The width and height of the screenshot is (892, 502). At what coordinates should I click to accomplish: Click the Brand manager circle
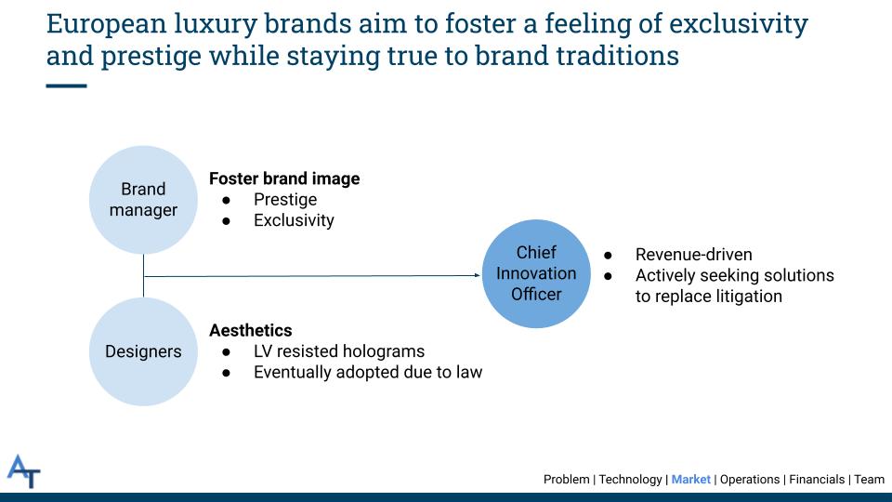point(143,199)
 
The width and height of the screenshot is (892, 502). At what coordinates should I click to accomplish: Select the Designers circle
point(143,351)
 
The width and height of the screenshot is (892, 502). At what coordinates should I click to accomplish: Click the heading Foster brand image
point(284,178)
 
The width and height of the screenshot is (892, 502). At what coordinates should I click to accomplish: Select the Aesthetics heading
point(251,330)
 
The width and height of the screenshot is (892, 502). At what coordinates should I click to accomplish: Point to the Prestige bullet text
point(285,200)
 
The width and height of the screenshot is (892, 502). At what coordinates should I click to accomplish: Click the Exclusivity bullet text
point(294,221)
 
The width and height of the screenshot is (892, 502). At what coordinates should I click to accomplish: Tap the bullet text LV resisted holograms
point(339,351)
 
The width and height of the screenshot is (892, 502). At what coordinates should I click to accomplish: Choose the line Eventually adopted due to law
point(368,373)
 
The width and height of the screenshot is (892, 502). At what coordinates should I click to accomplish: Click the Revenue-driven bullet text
point(694,255)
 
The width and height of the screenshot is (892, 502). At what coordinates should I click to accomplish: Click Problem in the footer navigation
point(566,480)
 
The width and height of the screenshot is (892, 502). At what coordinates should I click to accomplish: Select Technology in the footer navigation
point(631,480)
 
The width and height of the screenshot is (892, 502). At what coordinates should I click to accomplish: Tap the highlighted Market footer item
point(690,480)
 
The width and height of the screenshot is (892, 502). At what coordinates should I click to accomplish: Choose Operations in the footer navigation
point(750,480)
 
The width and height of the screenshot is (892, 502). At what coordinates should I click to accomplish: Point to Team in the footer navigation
point(870,480)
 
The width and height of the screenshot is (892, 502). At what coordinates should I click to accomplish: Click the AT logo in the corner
point(24,470)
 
